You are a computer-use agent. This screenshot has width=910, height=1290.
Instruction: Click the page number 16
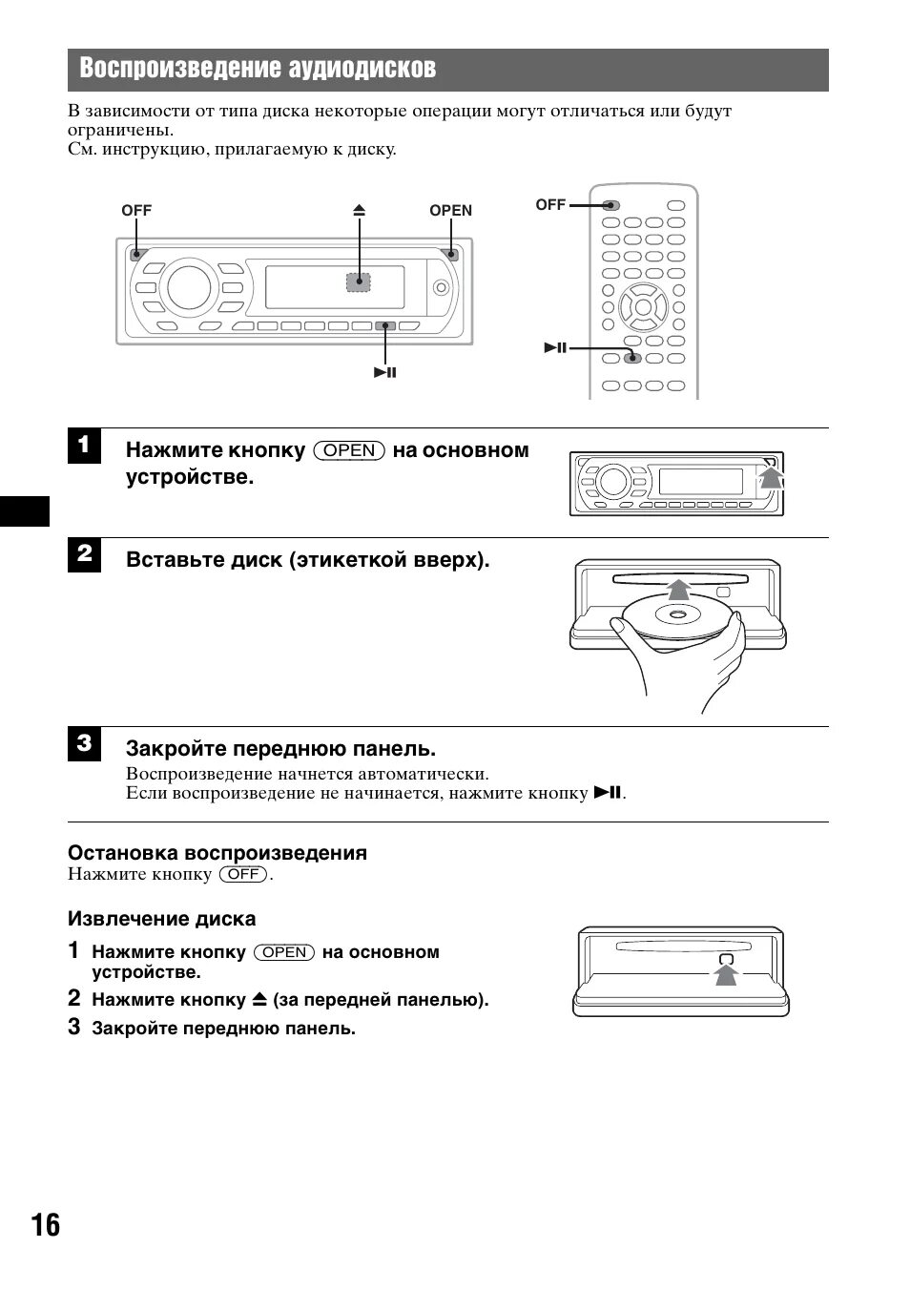click(x=44, y=1225)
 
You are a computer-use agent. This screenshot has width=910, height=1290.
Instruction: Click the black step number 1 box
click(x=84, y=446)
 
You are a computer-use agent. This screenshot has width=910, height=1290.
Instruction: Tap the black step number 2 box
click(x=84, y=554)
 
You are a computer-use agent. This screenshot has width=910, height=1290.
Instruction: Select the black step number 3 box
click(x=84, y=743)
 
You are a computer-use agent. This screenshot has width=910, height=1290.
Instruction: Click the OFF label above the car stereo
click(x=136, y=211)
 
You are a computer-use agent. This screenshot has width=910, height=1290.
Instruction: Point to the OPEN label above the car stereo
click(x=450, y=211)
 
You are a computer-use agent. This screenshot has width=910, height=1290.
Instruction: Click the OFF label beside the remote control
click(x=550, y=204)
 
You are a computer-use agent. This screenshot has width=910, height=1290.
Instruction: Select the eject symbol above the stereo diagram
click(x=359, y=211)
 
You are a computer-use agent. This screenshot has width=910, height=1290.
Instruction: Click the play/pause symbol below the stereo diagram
click(x=385, y=372)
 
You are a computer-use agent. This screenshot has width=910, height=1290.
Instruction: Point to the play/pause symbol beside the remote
click(x=556, y=348)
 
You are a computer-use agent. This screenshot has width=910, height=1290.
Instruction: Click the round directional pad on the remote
click(x=643, y=307)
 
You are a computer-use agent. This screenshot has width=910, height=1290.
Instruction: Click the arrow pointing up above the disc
click(x=677, y=588)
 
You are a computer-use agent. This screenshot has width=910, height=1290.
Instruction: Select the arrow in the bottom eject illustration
click(x=727, y=972)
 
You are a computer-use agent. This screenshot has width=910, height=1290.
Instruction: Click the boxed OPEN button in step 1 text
click(x=349, y=450)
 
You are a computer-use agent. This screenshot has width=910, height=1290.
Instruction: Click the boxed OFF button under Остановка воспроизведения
click(x=242, y=874)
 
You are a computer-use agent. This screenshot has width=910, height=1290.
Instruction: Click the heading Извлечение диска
click(x=161, y=919)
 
